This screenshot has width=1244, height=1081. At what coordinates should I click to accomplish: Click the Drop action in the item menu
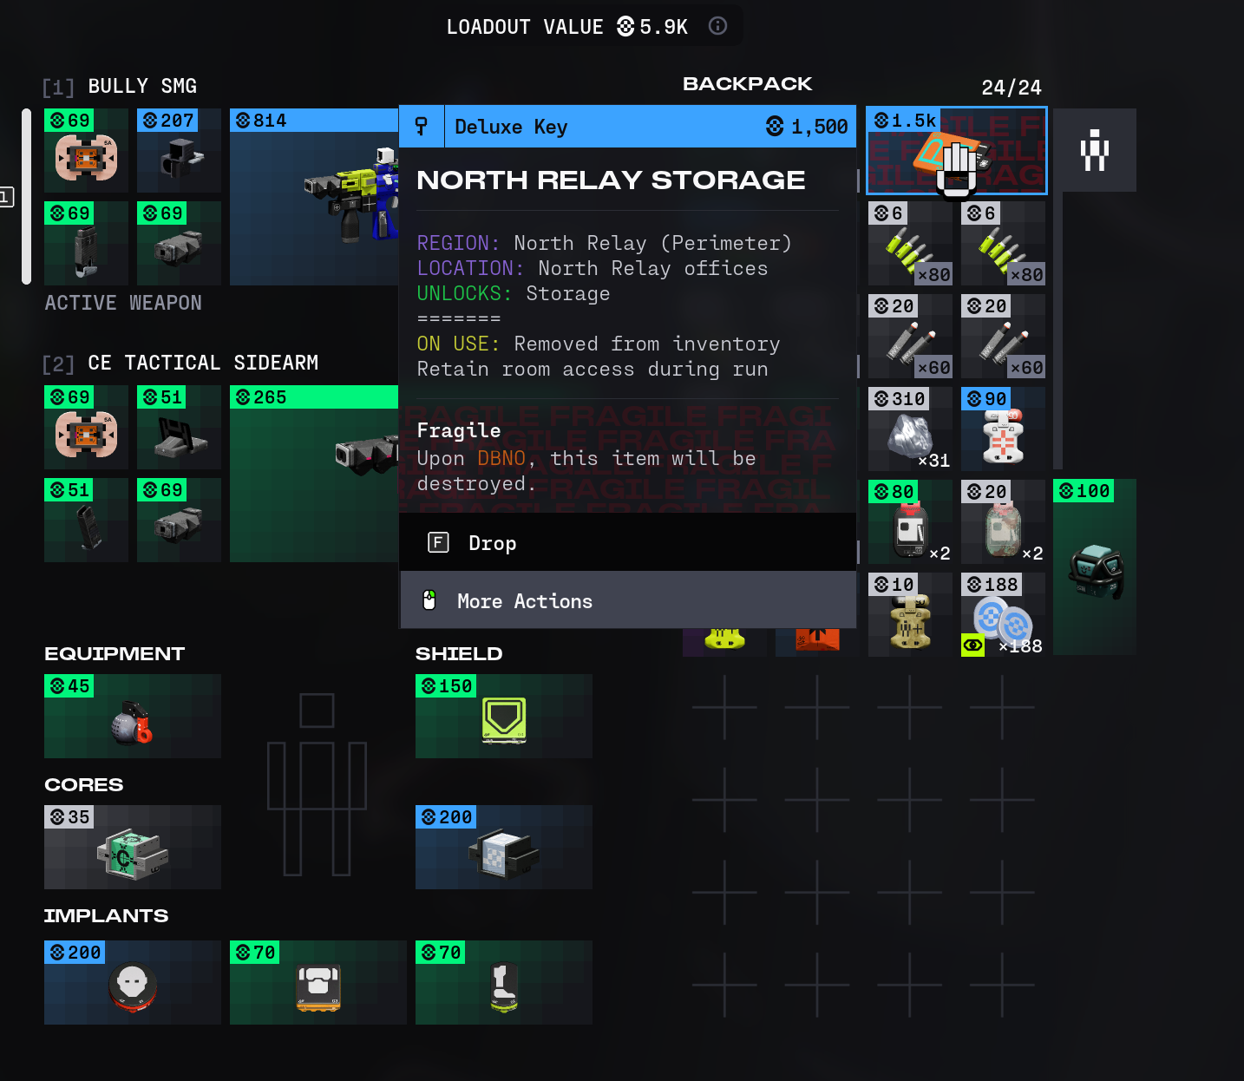point(492,543)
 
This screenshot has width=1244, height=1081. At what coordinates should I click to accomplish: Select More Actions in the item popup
point(524,601)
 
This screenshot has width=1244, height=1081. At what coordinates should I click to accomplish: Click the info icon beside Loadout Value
point(717,26)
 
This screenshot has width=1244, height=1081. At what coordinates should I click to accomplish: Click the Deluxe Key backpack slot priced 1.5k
point(956,151)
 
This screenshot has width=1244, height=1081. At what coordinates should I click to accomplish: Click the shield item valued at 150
point(504,717)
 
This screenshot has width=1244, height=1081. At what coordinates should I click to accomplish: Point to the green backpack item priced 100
point(1095,568)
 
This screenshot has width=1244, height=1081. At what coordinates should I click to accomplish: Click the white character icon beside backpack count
point(1095,150)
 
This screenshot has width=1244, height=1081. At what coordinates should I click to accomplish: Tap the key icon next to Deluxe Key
point(422,127)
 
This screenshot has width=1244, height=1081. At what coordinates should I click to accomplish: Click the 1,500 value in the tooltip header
point(818,127)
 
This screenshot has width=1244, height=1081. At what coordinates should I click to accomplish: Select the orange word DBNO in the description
point(501,458)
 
